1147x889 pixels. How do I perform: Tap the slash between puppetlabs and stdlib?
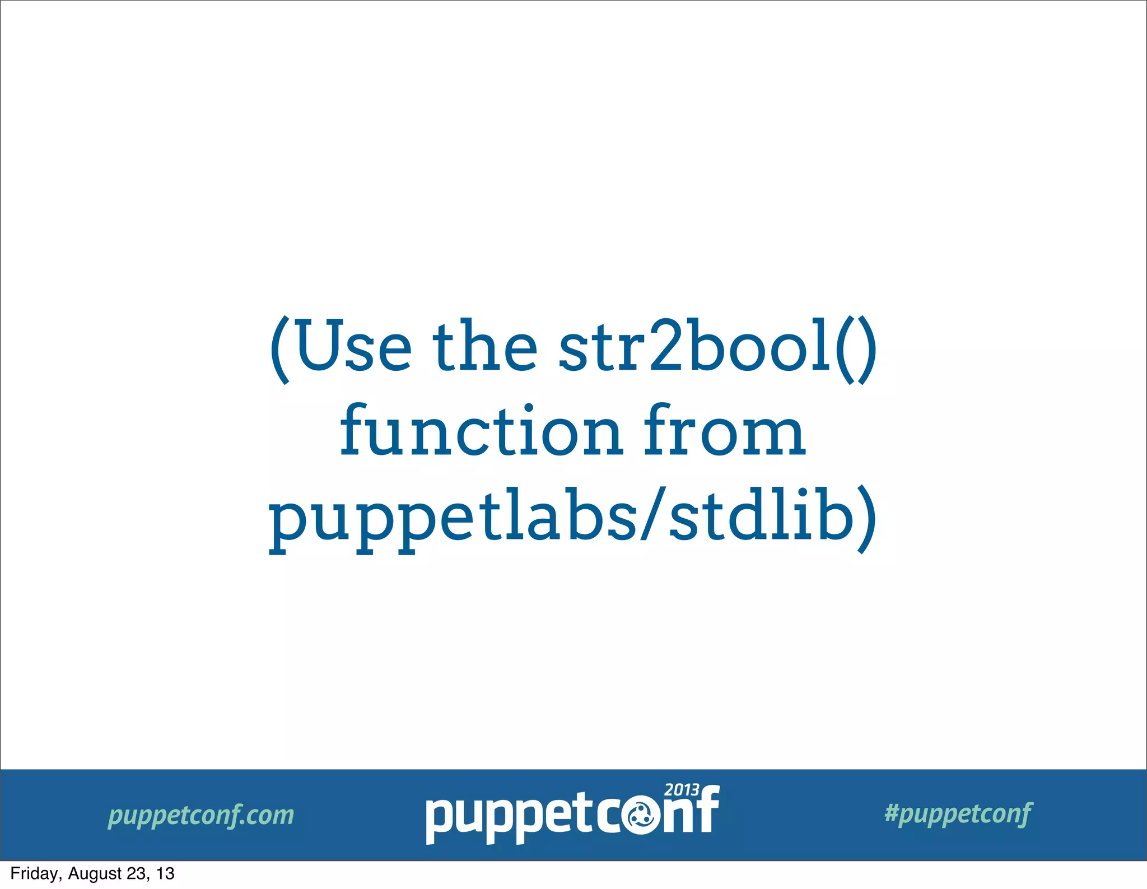[653, 518]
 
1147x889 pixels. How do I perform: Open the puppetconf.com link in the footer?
[201, 815]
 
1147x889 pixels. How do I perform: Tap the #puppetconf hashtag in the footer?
[958, 814]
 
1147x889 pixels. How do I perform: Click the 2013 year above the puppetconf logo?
[682, 790]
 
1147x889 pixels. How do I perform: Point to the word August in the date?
[95, 874]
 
